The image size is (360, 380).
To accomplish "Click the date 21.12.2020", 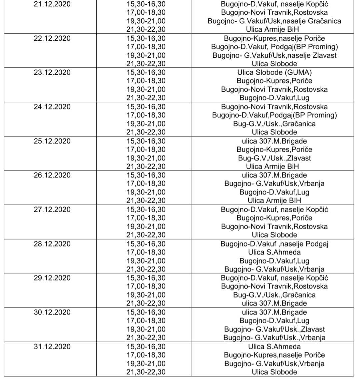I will coord(52,4).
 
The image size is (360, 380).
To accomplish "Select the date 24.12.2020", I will coord(52,107).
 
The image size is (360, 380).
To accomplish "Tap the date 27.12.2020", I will coord(52,210).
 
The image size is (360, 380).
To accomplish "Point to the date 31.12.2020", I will coord(52,347).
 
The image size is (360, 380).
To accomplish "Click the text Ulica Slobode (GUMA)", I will coord(274,73).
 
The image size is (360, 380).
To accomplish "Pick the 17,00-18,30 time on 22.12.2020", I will coord(146,47).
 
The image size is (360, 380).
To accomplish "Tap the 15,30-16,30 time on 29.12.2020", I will coord(146,278).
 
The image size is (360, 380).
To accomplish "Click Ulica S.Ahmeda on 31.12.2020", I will coord(274,347).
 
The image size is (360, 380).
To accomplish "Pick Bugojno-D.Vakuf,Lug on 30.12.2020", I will coord(274,321).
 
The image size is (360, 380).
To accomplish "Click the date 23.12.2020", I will coord(52,73).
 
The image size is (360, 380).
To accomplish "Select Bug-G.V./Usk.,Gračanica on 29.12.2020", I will coord(274,295).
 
